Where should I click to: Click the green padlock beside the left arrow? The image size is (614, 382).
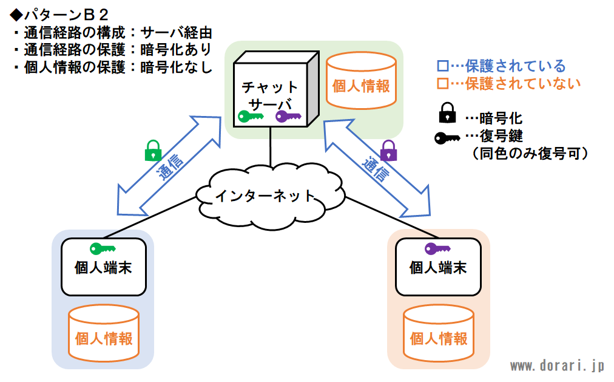153,151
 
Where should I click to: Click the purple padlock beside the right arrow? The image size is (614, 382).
388,151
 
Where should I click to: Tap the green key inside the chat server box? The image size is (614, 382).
251,117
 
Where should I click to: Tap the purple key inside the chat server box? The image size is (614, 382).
288,117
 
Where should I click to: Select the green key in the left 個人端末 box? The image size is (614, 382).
103,248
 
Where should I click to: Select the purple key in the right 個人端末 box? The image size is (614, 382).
437,248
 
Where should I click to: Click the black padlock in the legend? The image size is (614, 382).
447,113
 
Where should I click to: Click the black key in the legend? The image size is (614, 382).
447,138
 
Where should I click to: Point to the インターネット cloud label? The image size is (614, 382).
265,196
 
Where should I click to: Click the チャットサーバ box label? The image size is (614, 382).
270,95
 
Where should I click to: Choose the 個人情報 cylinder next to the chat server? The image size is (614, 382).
361,81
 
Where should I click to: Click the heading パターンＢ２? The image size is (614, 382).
59,15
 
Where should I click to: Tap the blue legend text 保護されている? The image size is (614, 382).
515,66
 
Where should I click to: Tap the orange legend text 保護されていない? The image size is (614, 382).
523,83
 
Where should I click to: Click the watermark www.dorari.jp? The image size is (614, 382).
558,366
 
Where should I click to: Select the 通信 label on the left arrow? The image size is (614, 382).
170,166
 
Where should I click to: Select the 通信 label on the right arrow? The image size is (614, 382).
375,169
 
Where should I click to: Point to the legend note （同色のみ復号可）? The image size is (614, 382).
530,153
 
